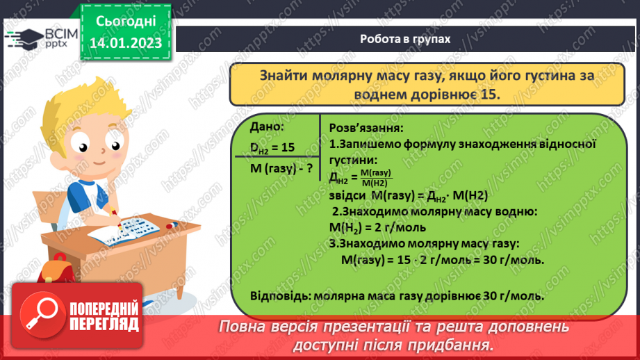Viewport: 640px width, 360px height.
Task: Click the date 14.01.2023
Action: point(125,43)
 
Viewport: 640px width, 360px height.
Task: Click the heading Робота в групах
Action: point(405,39)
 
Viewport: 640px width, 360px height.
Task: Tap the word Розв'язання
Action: point(364,129)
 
